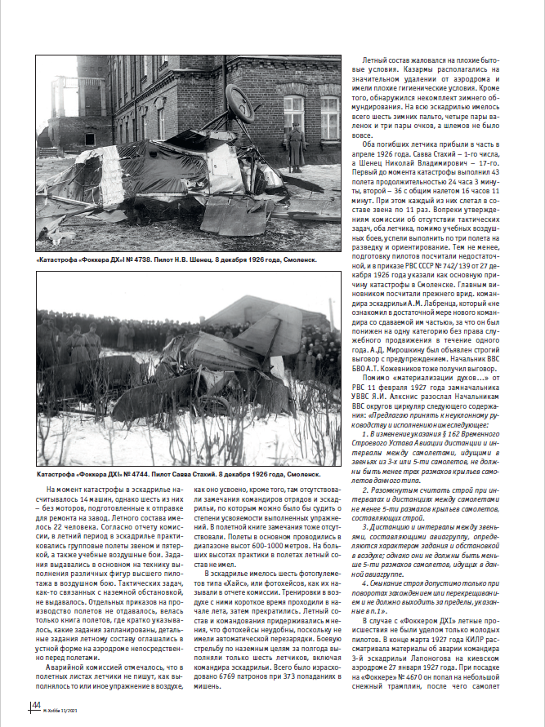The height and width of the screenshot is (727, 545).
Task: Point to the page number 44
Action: pyautogui.click(x=36, y=705)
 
